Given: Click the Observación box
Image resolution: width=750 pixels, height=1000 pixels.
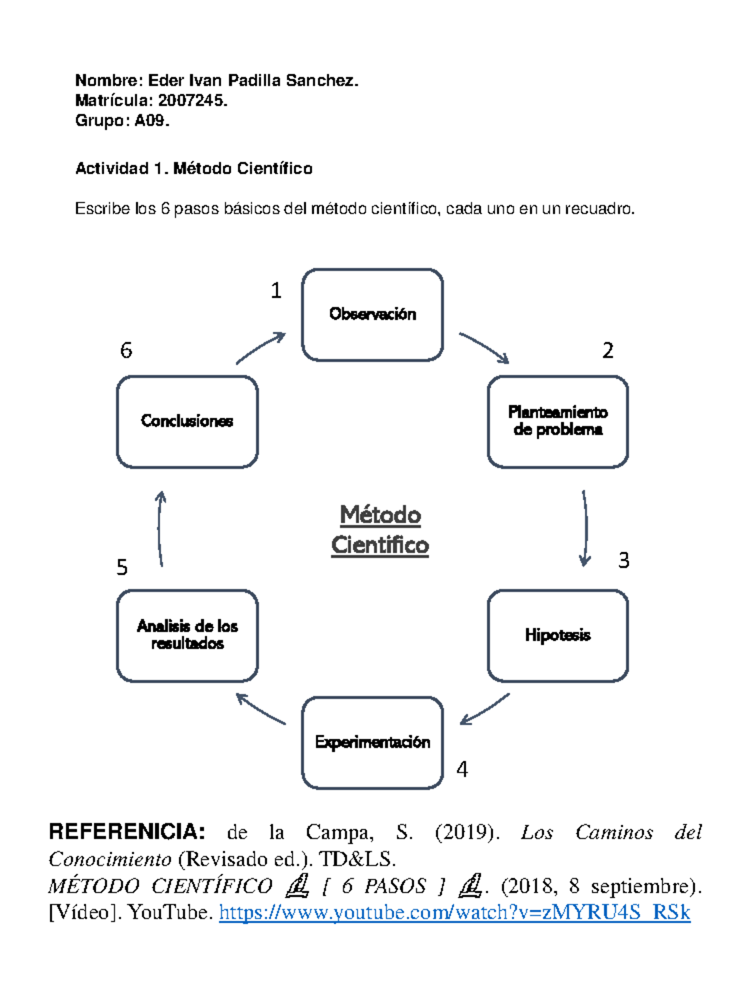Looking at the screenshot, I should click(x=372, y=314).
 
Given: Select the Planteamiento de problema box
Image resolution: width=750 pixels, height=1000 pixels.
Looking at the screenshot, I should click(x=557, y=421).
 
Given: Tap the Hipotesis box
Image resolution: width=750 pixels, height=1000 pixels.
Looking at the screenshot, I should click(x=557, y=635).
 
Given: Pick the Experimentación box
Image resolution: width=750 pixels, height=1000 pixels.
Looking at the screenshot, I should click(x=372, y=742).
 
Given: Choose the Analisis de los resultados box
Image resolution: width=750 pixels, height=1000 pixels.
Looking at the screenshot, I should click(x=187, y=635).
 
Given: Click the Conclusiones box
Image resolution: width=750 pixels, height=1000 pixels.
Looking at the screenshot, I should click(x=187, y=421).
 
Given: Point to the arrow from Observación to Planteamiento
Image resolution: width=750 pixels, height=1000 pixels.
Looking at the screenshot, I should click(x=485, y=347).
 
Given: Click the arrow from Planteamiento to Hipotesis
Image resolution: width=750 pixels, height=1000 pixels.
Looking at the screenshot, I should click(x=585, y=529).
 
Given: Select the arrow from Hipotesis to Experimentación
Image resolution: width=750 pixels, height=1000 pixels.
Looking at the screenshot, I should click(x=485, y=709).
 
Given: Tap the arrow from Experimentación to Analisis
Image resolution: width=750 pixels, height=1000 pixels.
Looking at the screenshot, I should click(x=261, y=709).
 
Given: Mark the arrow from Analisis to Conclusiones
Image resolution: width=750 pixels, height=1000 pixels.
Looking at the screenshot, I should click(x=160, y=529).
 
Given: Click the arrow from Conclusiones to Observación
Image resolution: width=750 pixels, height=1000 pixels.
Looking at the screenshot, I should click(x=261, y=347).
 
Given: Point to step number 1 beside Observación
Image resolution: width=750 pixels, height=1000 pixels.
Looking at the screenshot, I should click(x=276, y=291).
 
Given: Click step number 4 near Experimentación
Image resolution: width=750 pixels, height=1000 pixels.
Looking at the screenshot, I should click(x=462, y=769).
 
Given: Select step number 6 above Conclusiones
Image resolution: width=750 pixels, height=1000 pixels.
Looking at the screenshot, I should click(x=126, y=350).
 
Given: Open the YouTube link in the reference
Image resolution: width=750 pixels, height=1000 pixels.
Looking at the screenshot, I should click(x=454, y=913).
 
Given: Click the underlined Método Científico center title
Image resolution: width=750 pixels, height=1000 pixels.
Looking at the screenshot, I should click(x=380, y=530).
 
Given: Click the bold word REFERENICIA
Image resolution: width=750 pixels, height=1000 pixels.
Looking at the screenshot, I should click(x=127, y=832).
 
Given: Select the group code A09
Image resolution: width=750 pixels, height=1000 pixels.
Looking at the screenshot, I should click(x=151, y=120).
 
